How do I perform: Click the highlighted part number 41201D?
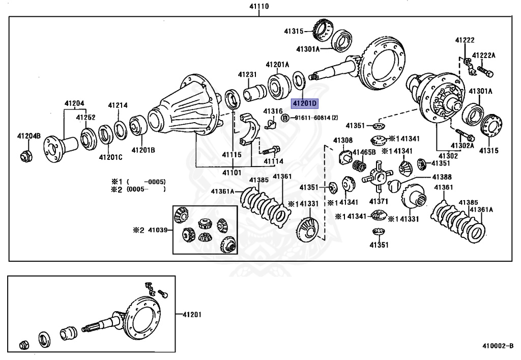point(305,104)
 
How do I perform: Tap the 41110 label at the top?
point(259,6)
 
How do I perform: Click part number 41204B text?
point(29,135)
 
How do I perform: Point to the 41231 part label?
point(247,74)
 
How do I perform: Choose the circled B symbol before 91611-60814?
point(285,118)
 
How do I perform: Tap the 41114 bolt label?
point(274,161)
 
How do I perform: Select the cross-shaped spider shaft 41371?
point(378,177)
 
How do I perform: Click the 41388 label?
point(442,177)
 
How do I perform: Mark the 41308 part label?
point(343,140)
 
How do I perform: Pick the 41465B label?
point(364,152)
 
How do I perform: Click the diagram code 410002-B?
point(498,346)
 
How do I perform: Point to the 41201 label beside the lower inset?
point(192,315)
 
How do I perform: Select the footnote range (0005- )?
point(146,189)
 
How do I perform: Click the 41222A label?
point(483,56)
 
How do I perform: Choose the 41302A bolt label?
point(462,146)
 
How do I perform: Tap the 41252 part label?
point(85,117)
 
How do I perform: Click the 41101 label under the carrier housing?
point(232,173)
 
